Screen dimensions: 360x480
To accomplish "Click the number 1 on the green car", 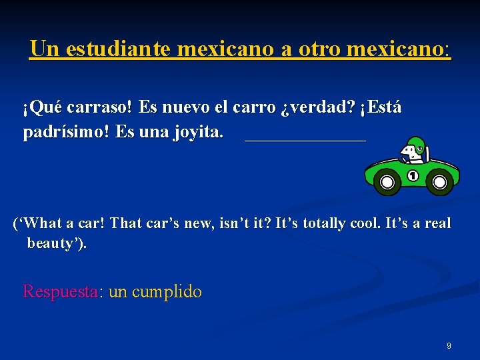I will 412,176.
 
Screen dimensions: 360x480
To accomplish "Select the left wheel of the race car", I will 386,181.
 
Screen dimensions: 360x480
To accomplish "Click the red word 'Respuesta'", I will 60,291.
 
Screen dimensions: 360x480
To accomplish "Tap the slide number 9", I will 449,346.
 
